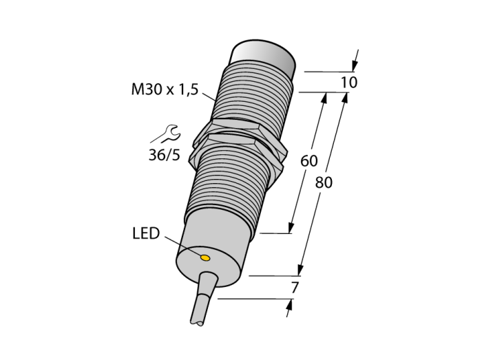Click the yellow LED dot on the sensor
click(x=205, y=258)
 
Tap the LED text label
click(x=146, y=233)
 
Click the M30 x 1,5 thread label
click(x=165, y=89)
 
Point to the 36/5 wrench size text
click(x=164, y=156)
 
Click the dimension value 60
click(x=308, y=161)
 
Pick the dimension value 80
click(x=324, y=183)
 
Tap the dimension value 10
click(x=349, y=83)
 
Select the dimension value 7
click(x=295, y=288)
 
